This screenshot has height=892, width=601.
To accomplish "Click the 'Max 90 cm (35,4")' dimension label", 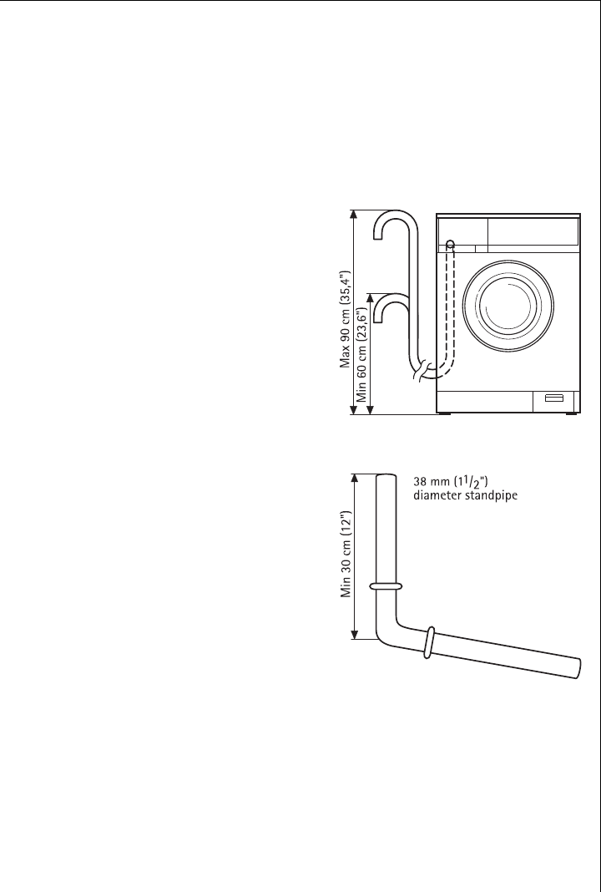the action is pos(345,319).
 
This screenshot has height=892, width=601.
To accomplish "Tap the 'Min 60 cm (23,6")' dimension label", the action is pos(361,354).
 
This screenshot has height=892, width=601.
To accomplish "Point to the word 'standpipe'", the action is pos(493,495).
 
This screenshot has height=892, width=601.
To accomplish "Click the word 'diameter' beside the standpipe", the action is pos(439,495).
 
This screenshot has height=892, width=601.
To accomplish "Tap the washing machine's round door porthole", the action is pos(508,306).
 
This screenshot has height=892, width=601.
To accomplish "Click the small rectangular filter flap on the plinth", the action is pos(553,398).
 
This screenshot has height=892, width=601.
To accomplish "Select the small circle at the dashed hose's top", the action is pos(450,245).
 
